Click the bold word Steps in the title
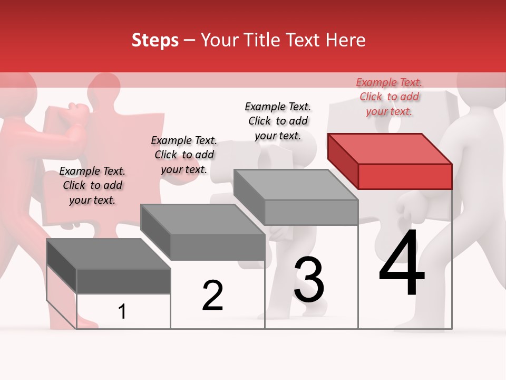(155, 40)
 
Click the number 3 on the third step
(309, 279)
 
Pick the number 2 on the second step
(213, 296)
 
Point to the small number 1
(122, 312)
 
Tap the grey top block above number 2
(202, 232)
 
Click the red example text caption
(389, 97)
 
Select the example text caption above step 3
(278, 121)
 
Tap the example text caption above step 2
(184, 155)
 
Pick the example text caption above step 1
(92, 185)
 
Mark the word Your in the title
(219, 40)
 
